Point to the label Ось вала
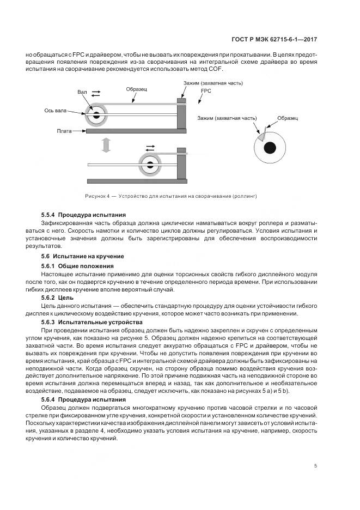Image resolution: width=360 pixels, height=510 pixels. pos(56,111)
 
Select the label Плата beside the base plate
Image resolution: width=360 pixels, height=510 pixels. pos(65,131)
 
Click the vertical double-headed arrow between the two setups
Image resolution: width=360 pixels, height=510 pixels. pos(106,145)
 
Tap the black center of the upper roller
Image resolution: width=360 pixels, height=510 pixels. pos(96,115)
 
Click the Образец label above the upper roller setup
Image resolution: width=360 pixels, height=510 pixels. pos(137,88)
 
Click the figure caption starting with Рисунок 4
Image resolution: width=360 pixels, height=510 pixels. pos(170,196)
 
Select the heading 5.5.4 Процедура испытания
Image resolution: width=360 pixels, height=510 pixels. pos(83,215)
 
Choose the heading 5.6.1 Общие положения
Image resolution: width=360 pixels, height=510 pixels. pos(76,265)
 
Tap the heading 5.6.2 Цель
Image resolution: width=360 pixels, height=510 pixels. pos(54,299)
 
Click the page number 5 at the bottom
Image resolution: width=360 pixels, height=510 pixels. pos(315,465)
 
